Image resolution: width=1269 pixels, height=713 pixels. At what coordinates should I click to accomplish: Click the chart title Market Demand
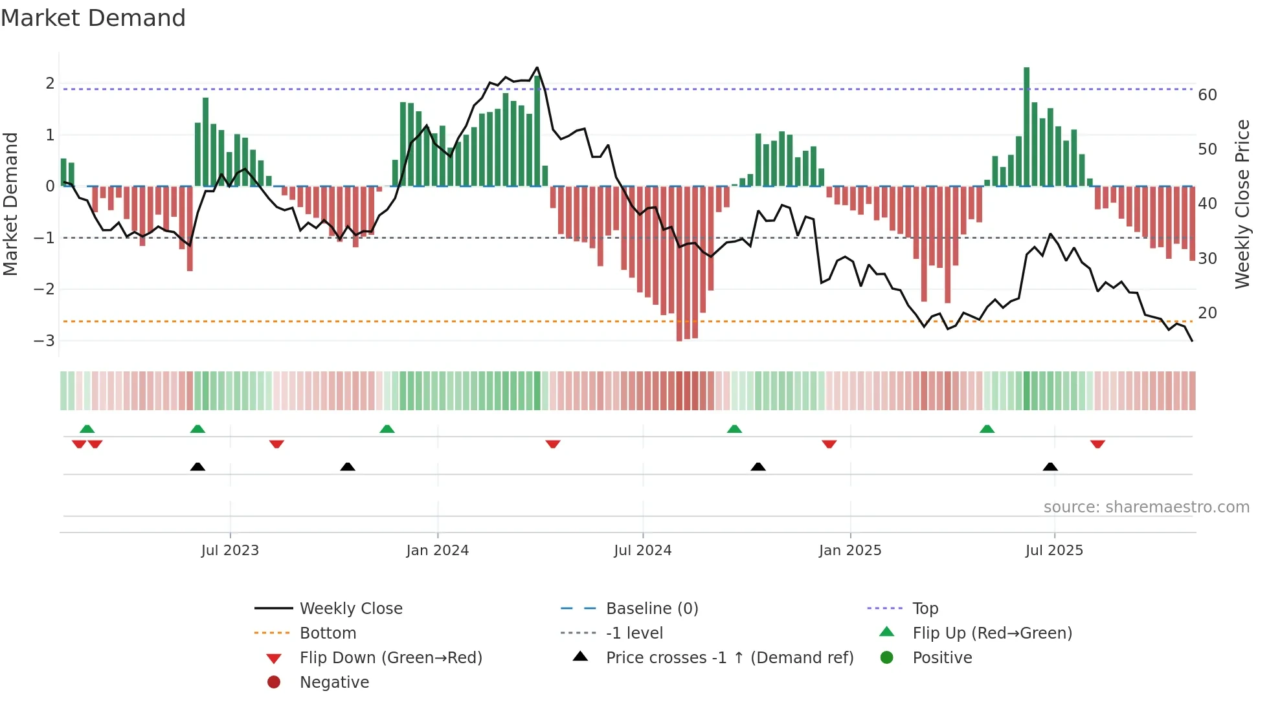[93, 18]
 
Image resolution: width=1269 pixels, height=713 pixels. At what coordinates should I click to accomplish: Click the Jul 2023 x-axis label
[230, 551]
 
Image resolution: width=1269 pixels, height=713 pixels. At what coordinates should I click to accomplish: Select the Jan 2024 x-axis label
[437, 551]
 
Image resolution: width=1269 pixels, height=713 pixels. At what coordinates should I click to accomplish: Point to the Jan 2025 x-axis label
[849, 551]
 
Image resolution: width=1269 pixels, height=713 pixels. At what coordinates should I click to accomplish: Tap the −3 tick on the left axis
[45, 341]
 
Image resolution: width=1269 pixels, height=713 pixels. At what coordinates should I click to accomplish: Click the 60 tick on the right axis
[1207, 95]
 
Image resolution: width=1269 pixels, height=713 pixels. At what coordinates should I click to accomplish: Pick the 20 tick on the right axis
[1207, 313]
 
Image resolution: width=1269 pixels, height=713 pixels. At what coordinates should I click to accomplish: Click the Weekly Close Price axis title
[1242, 204]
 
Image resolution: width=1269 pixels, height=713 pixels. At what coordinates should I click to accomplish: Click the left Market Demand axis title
[11, 204]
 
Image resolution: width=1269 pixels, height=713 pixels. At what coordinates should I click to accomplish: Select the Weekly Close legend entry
[350, 609]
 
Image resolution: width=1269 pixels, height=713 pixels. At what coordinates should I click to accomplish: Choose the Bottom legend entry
[328, 633]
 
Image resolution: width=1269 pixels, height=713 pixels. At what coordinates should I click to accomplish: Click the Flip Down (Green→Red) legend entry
[390, 658]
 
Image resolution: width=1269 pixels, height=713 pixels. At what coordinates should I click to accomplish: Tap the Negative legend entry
[334, 683]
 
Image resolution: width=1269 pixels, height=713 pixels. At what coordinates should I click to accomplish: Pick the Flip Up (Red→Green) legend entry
[992, 633]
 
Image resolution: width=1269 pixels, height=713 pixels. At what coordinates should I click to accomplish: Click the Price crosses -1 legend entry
[729, 658]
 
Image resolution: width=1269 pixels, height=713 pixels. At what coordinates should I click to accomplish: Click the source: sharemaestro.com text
[1146, 507]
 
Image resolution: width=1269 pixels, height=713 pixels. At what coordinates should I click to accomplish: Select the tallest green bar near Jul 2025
[1026, 126]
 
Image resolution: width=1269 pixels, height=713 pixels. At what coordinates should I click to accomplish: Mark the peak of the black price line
[537, 68]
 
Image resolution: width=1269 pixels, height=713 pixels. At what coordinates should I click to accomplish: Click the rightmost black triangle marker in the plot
[1050, 466]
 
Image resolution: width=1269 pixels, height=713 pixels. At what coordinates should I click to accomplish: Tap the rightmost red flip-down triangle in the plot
[1097, 444]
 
